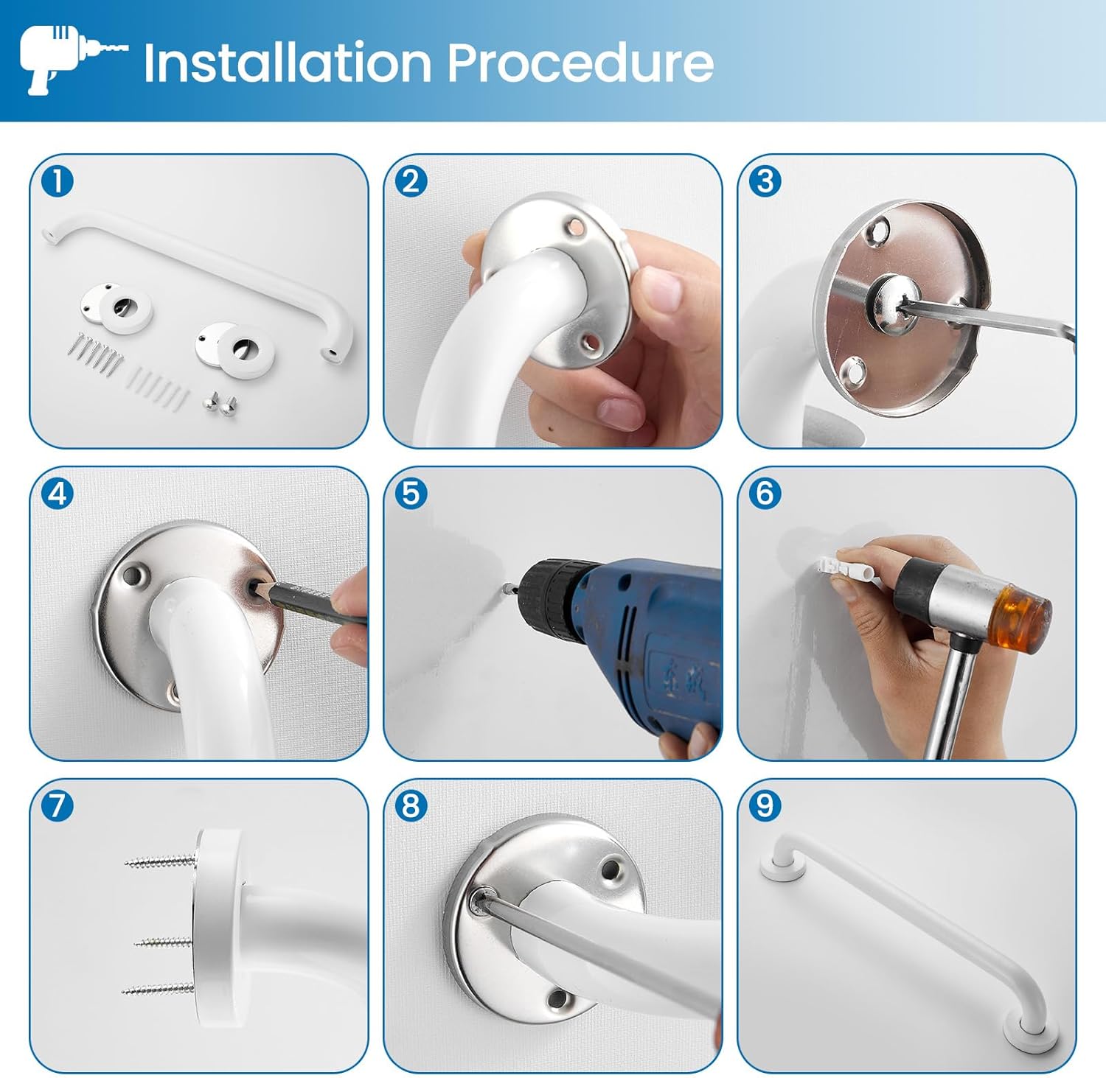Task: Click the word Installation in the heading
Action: (x=287, y=63)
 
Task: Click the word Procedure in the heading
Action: (x=581, y=63)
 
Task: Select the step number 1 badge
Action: (x=58, y=181)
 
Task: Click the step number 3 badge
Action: (x=765, y=181)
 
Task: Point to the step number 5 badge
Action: (x=411, y=493)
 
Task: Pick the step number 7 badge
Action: (x=58, y=805)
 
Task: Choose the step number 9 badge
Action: (x=765, y=805)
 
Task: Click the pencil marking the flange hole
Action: (x=310, y=602)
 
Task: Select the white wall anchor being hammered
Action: (x=841, y=567)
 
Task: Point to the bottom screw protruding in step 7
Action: (x=158, y=988)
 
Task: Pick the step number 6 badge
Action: (x=765, y=493)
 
